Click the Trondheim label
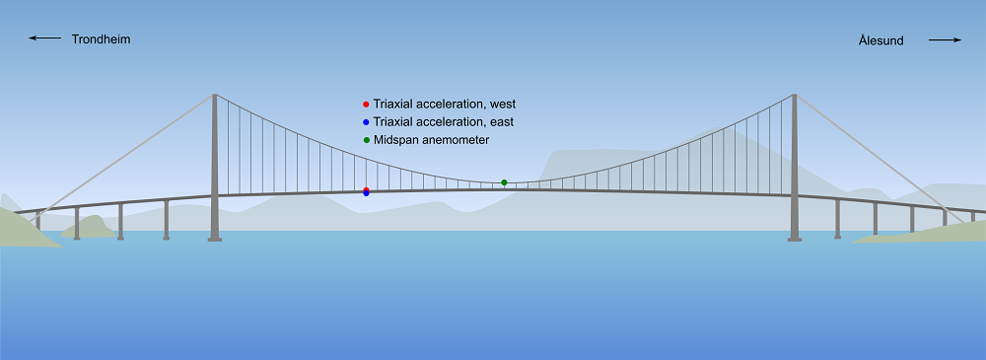[101, 39]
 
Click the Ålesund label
[880, 40]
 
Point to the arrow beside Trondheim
[44, 38]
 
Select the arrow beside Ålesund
[946, 40]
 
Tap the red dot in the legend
[366, 105]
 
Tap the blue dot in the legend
[366, 122]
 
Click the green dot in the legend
[366, 140]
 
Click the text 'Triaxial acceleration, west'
[445, 104]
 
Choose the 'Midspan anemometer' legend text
[431, 140]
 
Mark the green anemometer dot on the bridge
[504, 182]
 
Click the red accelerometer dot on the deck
[366, 189]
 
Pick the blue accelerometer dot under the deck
[366, 193]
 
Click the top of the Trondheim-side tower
[214, 95]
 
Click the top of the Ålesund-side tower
[794, 95]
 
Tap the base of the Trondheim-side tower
[214, 239]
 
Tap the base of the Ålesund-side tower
[794, 239]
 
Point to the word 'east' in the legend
[502, 121]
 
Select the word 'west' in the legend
[504, 104]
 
